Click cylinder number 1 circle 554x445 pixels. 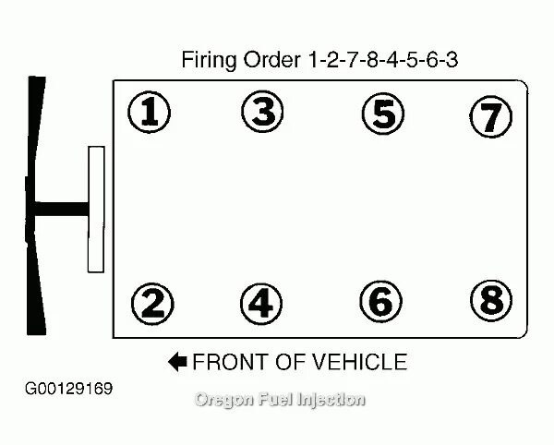pyautogui.click(x=151, y=114)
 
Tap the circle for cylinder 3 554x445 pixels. pyautogui.click(x=263, y=113)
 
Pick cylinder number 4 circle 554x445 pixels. pyautogui.click(x=261, y=302)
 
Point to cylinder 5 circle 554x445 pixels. pyautogui.click(x=382, y=114)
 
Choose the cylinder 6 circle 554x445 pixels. pyautogui.click(x=381, y=301)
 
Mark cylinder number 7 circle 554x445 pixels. pyautogui.click(x=489, y=116)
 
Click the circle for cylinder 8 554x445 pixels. pyautogui.click(x=489, y=299)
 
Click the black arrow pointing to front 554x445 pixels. pyautogui.click(x=177, y=361)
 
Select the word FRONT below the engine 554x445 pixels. pyautogui.click(x=229, y=361)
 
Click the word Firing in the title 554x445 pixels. pyautogui.click(x=209, y=61)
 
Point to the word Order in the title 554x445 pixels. pyautogui.click(x=272, y=60)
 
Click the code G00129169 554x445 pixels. pyautogui.click(x=69, y=388)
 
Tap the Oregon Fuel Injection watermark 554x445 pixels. pyautogui.click(x=280, y=400)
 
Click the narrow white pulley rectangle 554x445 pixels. pyautogui.click(x=95, y=209)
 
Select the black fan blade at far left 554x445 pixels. pyautogui.click(x=36, y=205)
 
